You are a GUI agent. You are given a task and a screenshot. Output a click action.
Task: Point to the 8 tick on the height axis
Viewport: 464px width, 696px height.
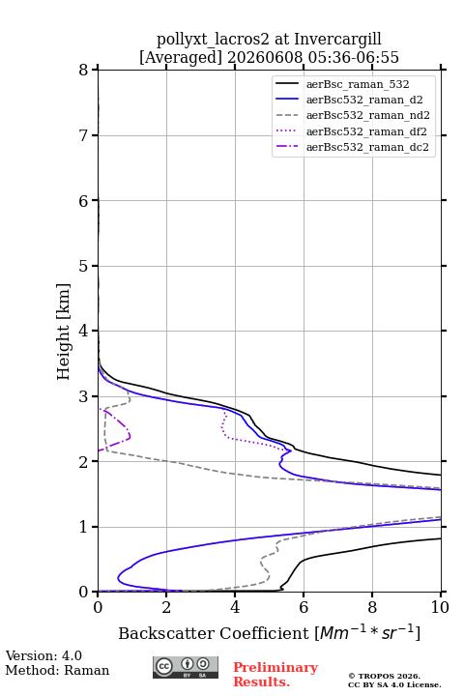pyautogui.click(x=83, y=71)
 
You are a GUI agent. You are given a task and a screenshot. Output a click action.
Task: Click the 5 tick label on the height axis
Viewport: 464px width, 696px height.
pyautogui.click(x=83, y=266)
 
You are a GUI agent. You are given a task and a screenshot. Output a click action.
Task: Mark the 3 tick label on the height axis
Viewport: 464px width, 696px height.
pyautogui.click(x=83, y=396)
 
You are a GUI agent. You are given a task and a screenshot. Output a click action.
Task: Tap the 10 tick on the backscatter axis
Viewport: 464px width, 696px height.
pyautogui.click(x=441, y=607)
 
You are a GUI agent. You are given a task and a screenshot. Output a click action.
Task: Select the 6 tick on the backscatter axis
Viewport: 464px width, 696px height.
pyautogui.click(x=304, y=607)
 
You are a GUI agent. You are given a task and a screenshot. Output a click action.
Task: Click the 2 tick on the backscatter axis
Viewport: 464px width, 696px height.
pyautogui.click(x=166, y=607)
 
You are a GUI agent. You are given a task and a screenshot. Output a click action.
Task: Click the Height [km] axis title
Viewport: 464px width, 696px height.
pyautogui.click(x=64, y=332)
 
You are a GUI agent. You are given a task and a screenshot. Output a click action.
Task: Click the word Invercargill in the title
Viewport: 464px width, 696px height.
pyautogui.click(x=337, y=40)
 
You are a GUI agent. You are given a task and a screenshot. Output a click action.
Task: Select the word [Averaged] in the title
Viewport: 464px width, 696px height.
pyautogui.click(x=180, y=58)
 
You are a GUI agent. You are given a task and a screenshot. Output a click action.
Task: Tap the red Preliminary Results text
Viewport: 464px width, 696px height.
pyautogui.click(x=275, y=675)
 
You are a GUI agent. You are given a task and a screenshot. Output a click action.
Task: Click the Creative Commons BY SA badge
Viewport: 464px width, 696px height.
pyautogui.click(x=186, y=668)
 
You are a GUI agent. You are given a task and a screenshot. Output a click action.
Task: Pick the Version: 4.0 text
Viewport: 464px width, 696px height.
pyautogui.click(x=43, y=655)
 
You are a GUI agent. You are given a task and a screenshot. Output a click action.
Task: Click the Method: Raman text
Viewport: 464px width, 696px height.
pyautogui.click(x=57, y=670)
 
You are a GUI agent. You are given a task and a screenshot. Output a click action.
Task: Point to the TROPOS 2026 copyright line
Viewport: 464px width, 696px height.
pyautogui.click(x=384, y=676)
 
